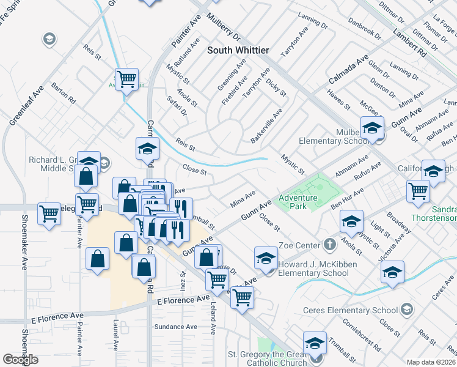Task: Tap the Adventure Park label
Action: [298, 202]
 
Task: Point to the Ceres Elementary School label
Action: [350, 310]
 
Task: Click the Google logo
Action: [20, 360]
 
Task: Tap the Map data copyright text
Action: [431, 362]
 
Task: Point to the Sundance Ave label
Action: [175, 327]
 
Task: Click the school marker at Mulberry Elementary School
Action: [371, 130]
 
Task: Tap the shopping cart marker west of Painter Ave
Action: [49, 215]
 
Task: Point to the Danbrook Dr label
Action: [365, 28]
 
